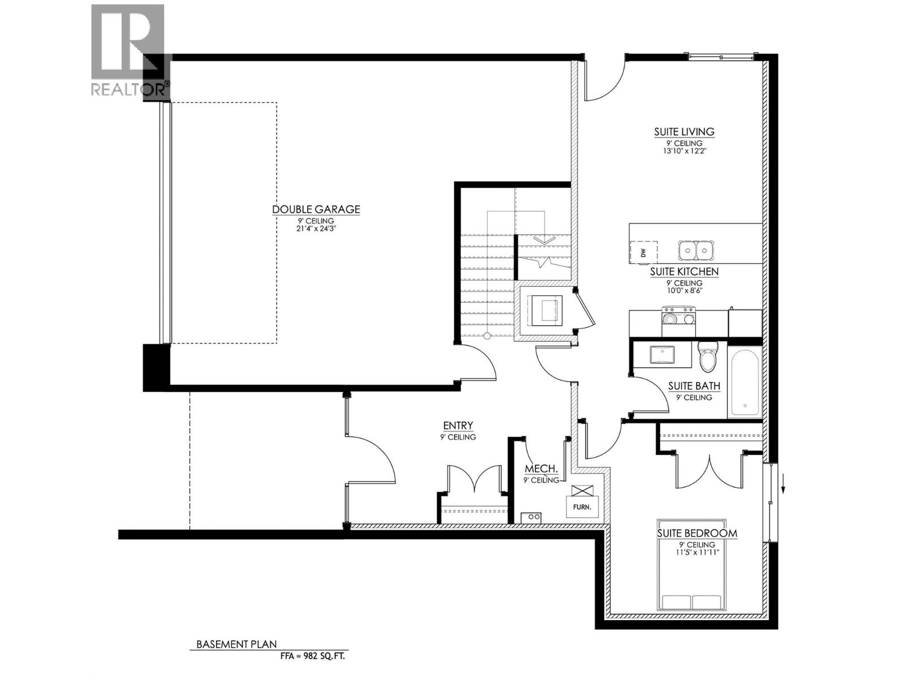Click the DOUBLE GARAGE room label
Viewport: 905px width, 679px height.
(x=316, y=209)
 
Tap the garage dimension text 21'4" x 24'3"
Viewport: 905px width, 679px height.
(x=316, y=229)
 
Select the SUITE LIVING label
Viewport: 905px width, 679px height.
(x=684, y=132)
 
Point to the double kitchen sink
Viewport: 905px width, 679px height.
(x=696, y=249)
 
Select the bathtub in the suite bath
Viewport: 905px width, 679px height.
(x=745, y=383)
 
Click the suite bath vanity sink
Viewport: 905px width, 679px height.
(x=662, y=355)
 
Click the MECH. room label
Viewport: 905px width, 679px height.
(x=541, y=469)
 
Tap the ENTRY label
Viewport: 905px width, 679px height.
(x=458, y=426)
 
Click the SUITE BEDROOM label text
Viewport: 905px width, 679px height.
(x=697, y=533)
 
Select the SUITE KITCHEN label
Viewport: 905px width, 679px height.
(x=684, y=272)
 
